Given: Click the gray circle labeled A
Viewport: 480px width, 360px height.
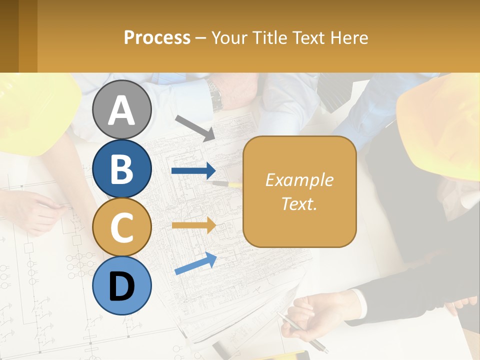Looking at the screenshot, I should tap(121, 110).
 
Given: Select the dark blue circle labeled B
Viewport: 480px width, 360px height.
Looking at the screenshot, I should tap(121, 169).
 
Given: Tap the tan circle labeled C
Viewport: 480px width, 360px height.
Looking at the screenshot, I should tap(121, 227).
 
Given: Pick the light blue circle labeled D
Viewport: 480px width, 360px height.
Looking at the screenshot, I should tap(121, 285).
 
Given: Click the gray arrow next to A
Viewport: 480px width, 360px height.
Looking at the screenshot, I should tap(195, 128).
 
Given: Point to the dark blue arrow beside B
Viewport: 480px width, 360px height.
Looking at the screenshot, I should tap(193, 171).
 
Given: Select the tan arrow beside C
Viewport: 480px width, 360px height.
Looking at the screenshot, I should tap(193, 225).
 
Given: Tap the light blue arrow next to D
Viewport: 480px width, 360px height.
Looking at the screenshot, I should tap(195, 263).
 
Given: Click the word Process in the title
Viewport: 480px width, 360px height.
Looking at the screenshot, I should tap(157, 37).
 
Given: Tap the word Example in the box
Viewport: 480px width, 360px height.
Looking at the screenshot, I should tap(299, 180).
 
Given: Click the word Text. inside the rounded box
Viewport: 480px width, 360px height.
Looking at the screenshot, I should tap(299, 203).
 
